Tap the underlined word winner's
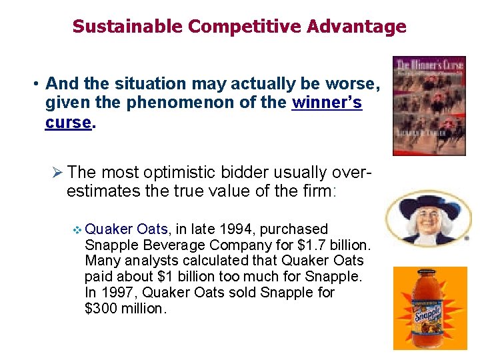pyautogui.click(x=327, y=103)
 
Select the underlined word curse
pyautogui.click(x=68, y=123)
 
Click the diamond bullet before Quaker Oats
pyautogui.click(x=76, y=230)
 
